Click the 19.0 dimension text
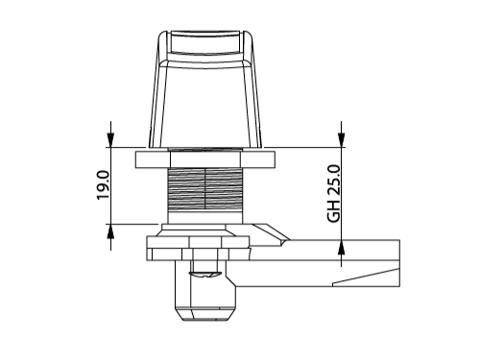(x=103, y=185)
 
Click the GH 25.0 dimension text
(x=334, y=194)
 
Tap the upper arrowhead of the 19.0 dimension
(x=110, y=140)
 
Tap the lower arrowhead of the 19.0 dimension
(x=110, y=231)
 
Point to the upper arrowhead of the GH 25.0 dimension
(x=341, y=140)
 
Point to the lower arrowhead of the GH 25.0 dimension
(x=341, y=247)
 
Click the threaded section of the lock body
(x=204, y=189)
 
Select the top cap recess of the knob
(x=205, y=42)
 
